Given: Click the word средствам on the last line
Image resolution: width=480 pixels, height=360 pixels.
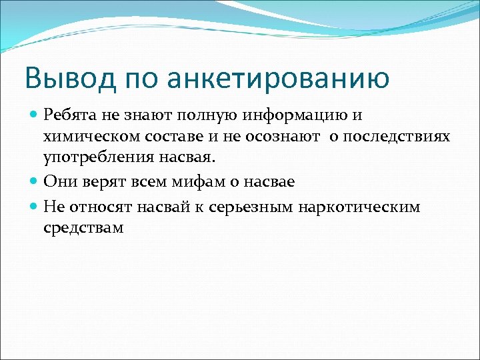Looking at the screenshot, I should tap(83, 229).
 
